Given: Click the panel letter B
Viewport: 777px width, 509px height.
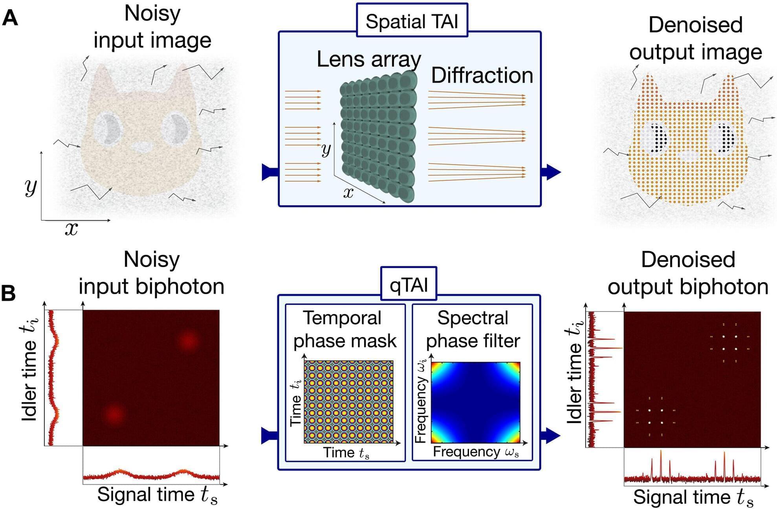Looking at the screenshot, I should tap(9, 293).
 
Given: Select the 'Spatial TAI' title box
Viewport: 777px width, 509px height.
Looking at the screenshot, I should tap(412, 21).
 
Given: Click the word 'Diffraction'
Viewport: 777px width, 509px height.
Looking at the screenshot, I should tap(482, 75).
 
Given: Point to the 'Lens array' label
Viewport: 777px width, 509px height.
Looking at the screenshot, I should tap(368, 60).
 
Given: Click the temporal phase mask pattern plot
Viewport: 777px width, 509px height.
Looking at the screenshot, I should tap(348, 402).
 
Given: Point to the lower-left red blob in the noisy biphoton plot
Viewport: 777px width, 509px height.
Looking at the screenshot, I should tap(115, 414).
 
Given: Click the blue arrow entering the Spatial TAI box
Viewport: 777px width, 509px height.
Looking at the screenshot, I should tap(270, 172).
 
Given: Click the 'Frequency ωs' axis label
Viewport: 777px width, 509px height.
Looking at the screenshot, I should tap(476, 452).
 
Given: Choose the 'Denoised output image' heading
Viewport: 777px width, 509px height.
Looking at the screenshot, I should tap(695, 38).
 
